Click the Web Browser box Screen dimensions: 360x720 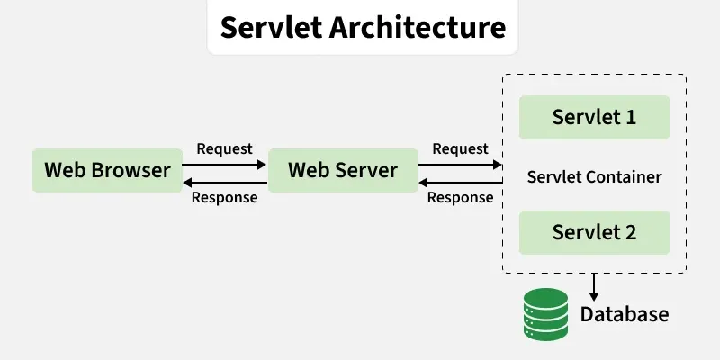[x=108, y=170]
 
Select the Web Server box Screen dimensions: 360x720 [x=343, y=170]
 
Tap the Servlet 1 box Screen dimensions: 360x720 [x=594, y=117]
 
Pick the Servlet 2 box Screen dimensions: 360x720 [x=594, y=232]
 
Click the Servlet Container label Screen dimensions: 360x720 [x=594, y=176]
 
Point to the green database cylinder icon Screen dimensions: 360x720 [x=547, y=313]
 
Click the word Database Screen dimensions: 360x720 [x=625, y=314]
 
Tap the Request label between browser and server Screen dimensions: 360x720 [x=224, y=148]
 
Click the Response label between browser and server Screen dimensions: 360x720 [x=225, y=197]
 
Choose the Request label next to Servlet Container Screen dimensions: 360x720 [x=460, y=148]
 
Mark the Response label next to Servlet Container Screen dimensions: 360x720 [x=460, y=197]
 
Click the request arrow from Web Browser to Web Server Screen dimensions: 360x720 [x=225, y=165]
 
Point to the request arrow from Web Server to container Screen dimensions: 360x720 [x=461, y=165]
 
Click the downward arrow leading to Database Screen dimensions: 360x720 [x=594, y=288]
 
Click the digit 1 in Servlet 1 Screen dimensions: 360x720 [x=629, y=117]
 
